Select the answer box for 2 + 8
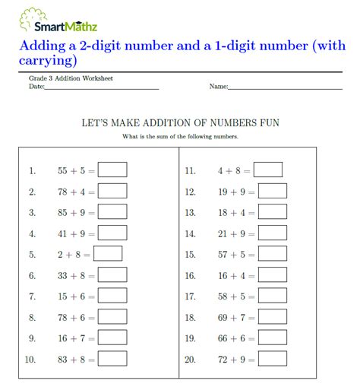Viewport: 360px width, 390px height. [x=108, y=254]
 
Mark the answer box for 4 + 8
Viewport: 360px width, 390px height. [x=268, y=170]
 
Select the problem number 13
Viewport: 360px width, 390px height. [x=190, y=213]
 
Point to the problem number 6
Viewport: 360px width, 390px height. [x=32, y=275]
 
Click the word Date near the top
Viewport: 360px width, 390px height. [x=36, y=87]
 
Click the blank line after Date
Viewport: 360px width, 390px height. [x=102, y=88]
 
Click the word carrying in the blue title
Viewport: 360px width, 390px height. [x=46, y=59]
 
